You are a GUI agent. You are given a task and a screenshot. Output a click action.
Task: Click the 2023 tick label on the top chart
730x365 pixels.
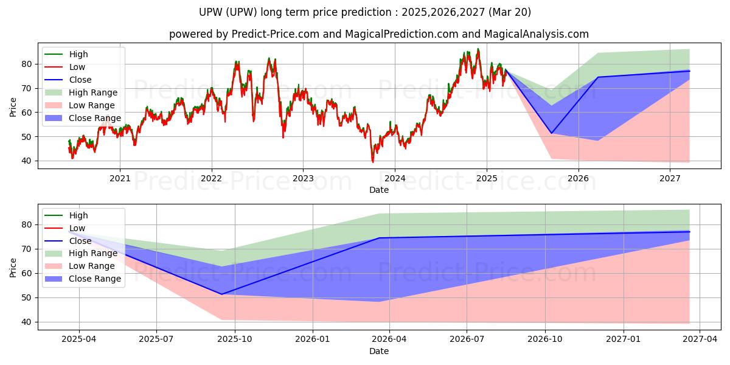[303, 179]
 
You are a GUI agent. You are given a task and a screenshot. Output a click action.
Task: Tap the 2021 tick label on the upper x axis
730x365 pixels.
[120, 179]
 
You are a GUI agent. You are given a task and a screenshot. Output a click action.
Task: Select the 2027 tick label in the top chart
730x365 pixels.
[670, 179]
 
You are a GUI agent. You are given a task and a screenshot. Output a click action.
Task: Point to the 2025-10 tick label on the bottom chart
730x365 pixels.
[235, 339]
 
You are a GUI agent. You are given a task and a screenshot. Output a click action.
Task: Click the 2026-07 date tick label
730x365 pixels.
[467, 339]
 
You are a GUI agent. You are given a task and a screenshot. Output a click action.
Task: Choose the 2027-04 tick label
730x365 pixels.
[700, 339]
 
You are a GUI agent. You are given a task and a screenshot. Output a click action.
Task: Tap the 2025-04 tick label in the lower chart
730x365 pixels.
[79, 339]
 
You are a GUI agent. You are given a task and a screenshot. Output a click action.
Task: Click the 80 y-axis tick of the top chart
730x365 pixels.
[27, 64]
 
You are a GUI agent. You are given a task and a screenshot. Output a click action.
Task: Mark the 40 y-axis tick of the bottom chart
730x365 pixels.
[27, 322]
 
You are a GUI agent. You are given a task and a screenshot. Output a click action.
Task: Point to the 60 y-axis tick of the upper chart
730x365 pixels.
[27, 113]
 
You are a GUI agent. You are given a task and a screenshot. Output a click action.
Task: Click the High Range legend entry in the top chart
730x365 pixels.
[81, 92]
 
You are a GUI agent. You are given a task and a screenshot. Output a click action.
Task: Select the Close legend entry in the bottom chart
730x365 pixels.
[68, 241]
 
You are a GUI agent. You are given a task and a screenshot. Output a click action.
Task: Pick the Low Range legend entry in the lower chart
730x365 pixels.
[80, 266]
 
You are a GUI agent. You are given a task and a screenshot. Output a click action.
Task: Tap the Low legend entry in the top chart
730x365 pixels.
[65, 67]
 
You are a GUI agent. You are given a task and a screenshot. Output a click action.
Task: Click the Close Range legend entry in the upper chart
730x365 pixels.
[83, 118]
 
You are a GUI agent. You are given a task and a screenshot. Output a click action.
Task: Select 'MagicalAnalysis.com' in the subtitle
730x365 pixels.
[537, 34]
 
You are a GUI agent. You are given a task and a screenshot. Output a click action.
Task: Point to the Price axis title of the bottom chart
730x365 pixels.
[13, 268]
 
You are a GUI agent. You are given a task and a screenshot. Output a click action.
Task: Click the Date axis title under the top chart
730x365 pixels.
[379, 190]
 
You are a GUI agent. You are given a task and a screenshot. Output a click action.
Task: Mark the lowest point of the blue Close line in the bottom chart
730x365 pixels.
[221, 294]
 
